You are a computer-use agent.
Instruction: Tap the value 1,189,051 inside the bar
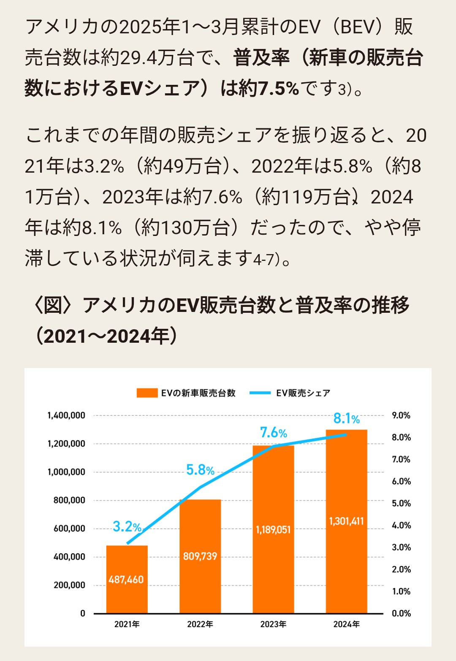273,529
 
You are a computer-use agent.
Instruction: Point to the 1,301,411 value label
346,521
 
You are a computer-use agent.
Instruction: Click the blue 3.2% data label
127,526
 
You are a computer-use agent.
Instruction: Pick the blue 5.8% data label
200,470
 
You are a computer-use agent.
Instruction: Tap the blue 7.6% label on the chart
273,433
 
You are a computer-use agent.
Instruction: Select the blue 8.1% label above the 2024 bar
346,418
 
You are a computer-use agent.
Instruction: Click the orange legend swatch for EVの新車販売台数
147,393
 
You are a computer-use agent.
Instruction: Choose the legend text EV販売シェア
303,393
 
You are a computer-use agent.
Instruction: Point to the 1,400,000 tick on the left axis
66,415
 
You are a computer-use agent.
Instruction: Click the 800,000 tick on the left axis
69,500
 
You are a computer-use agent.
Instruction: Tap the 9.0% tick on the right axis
401,415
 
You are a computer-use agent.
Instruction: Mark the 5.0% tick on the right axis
401,503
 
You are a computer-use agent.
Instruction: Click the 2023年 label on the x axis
273,624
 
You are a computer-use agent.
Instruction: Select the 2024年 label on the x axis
346,624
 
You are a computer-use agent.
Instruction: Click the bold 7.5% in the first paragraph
278,89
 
